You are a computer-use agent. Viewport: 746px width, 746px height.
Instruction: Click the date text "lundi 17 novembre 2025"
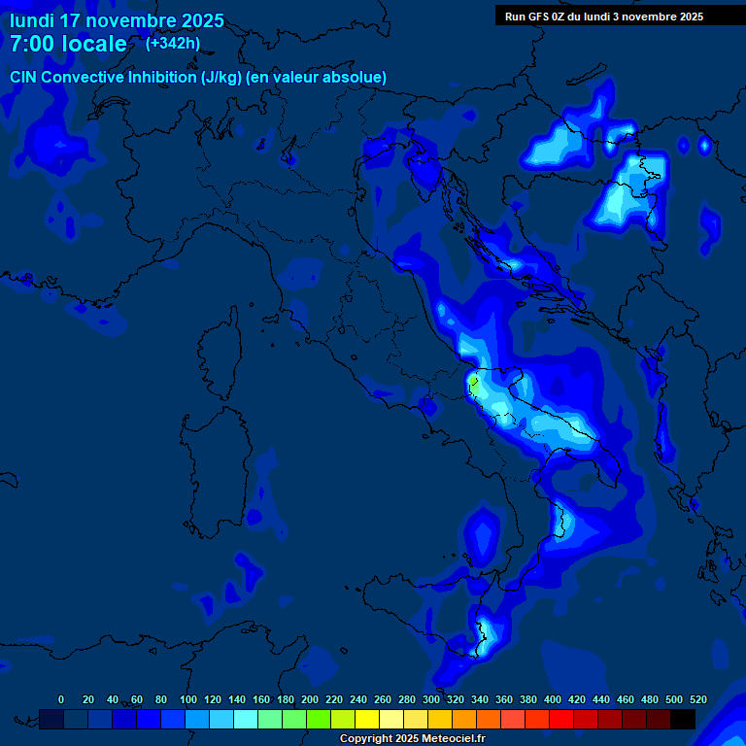(117, 20)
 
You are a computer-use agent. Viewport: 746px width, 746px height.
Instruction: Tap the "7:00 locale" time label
(68, 44)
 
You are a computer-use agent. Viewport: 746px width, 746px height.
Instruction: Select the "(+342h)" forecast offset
(173, 43)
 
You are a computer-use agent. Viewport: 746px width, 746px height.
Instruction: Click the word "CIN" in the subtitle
(24, 78)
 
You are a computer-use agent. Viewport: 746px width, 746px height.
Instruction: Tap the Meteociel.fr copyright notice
(412, 739)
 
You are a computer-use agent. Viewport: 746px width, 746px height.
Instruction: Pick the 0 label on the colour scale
(61, 699)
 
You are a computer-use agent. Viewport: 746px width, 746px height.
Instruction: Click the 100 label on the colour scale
(188, 699)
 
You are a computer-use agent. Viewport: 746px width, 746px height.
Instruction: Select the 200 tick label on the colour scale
(310, 699)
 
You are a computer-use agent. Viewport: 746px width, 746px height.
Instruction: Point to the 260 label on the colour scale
(383, 699)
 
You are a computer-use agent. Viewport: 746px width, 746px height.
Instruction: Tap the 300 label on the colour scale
(431, 699)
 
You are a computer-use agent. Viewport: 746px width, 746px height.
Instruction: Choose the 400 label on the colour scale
(553, 699)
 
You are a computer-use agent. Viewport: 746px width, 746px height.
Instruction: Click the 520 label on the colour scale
(697, 699)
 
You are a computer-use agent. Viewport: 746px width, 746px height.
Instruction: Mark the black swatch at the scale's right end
(683, 719)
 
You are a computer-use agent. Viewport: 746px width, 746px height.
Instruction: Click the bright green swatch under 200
(319, 719)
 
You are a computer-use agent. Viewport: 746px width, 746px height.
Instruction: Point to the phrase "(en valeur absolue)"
(318, 78)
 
